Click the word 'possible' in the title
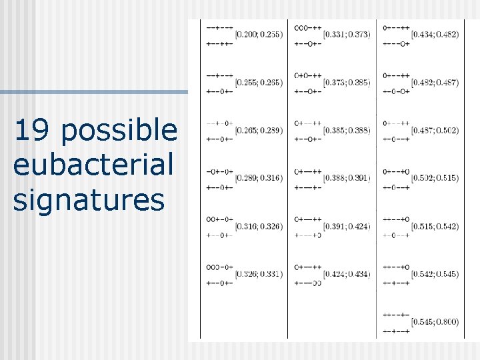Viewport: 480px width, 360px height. [119, 131]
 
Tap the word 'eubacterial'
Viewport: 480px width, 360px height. [93, 165]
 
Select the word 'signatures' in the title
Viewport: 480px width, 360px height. [88, 199]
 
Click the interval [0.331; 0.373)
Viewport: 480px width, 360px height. [346, 34]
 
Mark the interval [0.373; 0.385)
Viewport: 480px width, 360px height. [346, 82]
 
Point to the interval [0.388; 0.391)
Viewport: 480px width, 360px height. [346, 178]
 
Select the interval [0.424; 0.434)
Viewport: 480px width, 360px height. [346, 274]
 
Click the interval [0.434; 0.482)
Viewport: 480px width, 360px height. [435, 34]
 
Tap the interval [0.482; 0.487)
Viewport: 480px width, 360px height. [435, 82]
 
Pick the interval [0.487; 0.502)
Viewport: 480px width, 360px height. [435, 130]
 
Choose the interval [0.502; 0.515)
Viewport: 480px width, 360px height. [435, 178]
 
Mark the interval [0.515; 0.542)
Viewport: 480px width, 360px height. [435, 227]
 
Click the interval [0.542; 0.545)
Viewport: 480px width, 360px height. [435, 274]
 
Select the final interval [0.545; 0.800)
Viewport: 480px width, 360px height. [435, 322]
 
